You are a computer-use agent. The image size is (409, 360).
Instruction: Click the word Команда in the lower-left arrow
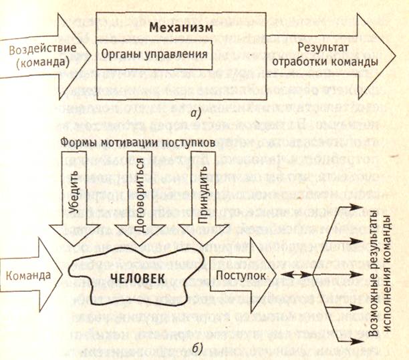[29, 275]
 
